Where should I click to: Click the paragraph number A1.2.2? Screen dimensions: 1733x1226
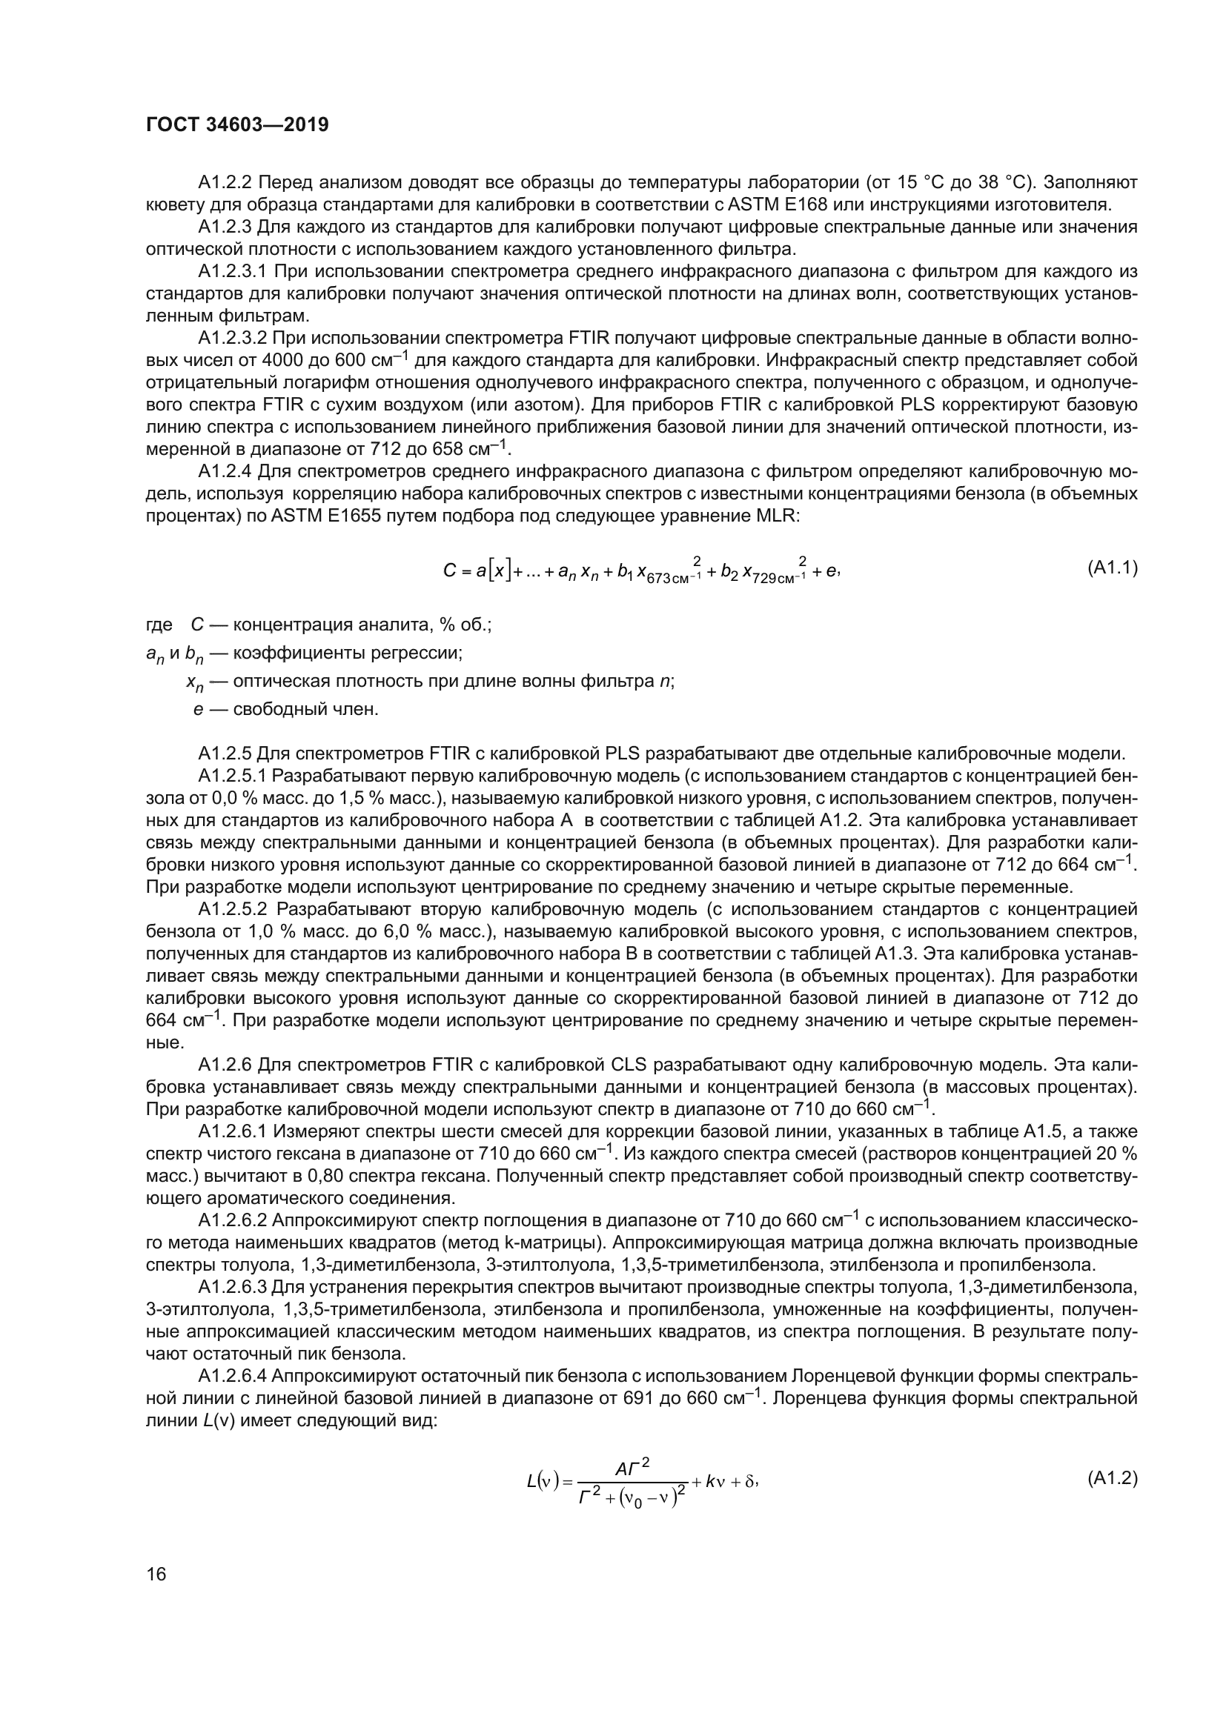click(225, 183)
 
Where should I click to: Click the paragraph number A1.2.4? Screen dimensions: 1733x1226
click(225, 473)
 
